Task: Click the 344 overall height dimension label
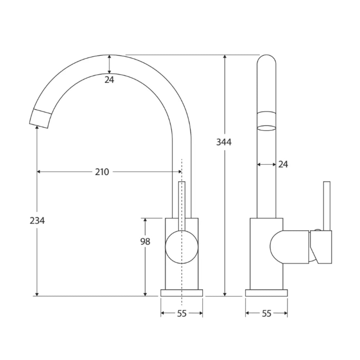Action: tap(224, 142)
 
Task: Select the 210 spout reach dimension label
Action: tap(102, 172)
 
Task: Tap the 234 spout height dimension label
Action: tap(37, 220)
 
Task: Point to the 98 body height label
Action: tap(145, 242)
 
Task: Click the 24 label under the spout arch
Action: tap(109, 80)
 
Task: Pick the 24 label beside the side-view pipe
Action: tap(283, 165)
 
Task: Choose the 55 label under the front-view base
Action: tap(182, 314)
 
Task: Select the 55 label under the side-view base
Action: tap(266, 314)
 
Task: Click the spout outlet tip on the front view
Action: tap(40, 119)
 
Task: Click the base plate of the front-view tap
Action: tap(182, 293)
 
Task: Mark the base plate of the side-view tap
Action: tap(266, 293)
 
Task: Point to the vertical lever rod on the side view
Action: tap(327, 205)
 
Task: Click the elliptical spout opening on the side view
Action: tap(266, 127)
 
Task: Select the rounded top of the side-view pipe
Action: tap(266, 60)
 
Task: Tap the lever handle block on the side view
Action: tap(321, 247)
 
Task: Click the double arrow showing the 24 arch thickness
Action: tap(109, 64)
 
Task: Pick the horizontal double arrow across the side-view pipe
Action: tap(266, 165)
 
